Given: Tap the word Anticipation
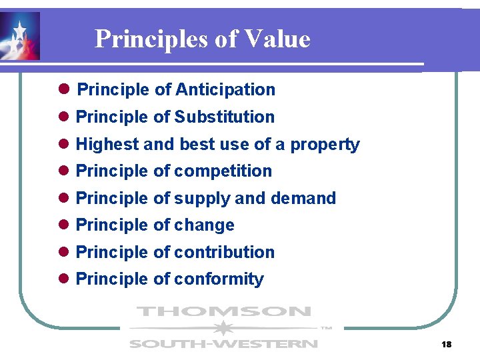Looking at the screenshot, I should [x=225, y=89].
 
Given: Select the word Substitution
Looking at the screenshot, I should [x=224, y=117].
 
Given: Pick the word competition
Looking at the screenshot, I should [x=223, y=171].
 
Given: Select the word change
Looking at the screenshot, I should [x=204, y=225].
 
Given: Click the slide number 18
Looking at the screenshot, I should [x=446, y=344].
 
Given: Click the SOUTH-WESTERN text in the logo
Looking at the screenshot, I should [x=223, y=344].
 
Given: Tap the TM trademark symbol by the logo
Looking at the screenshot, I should [x=326, y=328].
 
